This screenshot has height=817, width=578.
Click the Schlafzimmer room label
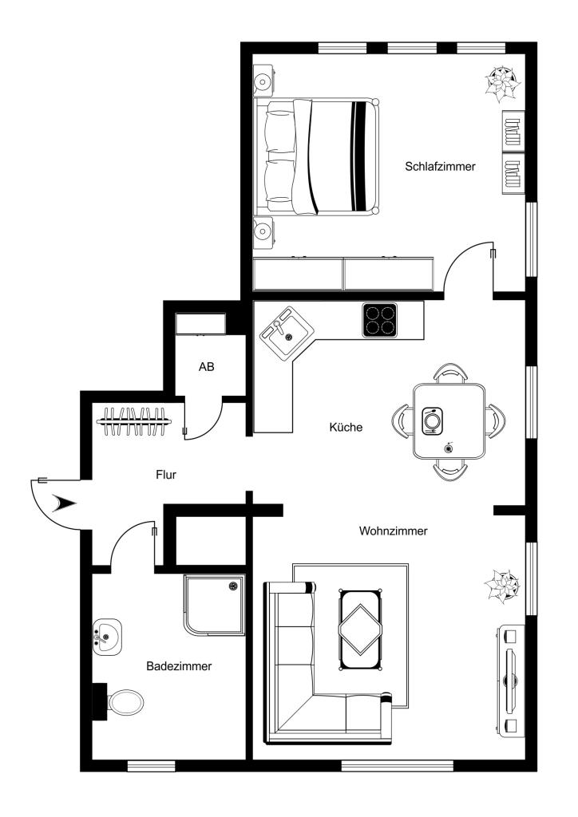441,167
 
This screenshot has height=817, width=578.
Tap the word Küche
346,428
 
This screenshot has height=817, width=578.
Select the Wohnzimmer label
393,531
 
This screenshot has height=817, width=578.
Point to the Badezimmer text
179,666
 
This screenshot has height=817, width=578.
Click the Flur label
166,475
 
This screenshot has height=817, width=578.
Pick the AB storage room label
207,367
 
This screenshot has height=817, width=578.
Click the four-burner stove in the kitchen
379,319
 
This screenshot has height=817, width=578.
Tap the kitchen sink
286,333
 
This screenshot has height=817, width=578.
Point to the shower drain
232,586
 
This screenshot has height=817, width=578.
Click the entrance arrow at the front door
65,503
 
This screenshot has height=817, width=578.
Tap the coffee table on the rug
360,630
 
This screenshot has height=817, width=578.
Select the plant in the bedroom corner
502,82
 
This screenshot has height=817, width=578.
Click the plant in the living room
501,585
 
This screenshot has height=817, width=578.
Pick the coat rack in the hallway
134,421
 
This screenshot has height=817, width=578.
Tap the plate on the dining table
432,420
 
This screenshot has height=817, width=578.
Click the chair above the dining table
451,373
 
